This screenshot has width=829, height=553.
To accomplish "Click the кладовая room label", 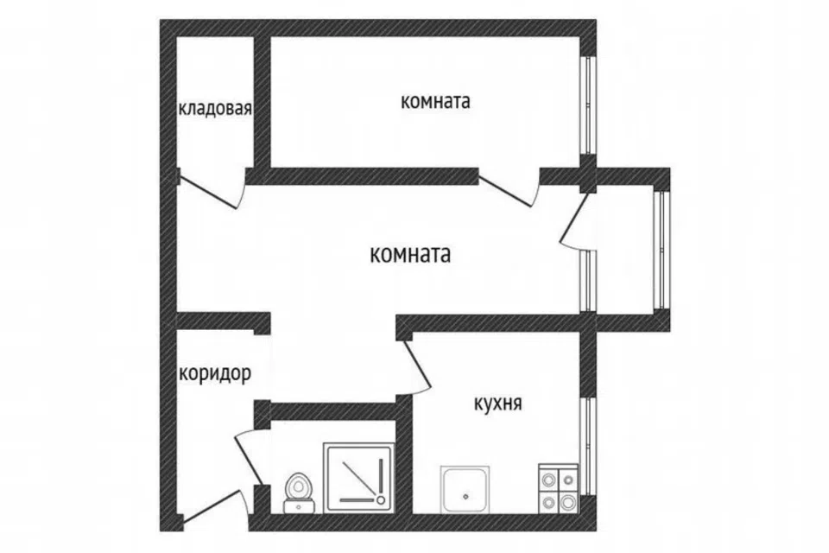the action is (x=215, y=109).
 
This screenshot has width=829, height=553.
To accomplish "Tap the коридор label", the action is (x=215, y=373).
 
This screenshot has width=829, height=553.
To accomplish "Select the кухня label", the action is (x=497, y=404).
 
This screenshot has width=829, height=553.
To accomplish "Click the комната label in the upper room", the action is (x=435, y=101).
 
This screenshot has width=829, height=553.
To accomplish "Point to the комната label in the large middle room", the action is (x=410, y=255).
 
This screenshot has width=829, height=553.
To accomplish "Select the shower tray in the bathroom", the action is (x=359, y=477).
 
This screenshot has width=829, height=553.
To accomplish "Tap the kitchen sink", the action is (x=465, y=490).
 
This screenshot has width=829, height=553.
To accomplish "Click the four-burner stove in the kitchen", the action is (x=559, y=488).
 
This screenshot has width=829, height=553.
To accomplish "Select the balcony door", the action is (x=575, y=218).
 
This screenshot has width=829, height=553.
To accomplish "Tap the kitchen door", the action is (x=418, y=365).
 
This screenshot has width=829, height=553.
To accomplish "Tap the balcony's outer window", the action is (x=661, y=249).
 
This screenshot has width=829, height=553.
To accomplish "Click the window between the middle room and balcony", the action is (x=588, y=281).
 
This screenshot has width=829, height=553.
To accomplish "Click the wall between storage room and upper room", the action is (x=263, y=102).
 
